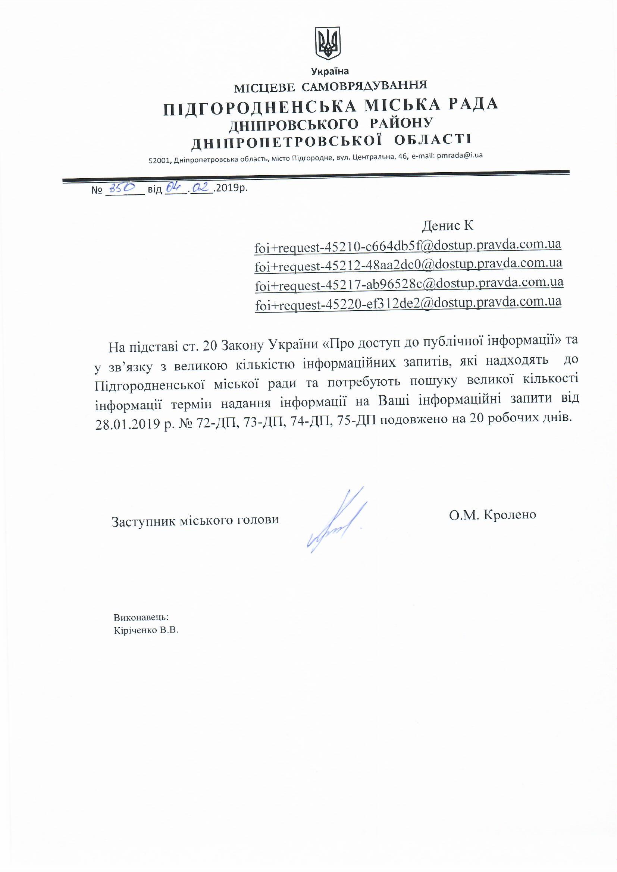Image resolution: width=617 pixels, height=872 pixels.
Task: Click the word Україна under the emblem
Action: [330, 71]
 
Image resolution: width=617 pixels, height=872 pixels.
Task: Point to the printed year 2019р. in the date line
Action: [231, 188]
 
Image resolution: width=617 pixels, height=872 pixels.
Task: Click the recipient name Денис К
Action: [448, 226]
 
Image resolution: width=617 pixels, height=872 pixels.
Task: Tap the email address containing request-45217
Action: [409, 283]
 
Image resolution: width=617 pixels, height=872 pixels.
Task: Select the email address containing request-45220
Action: [408, 303]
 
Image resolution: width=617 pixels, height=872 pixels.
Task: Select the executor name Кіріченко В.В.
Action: [146, 630]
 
